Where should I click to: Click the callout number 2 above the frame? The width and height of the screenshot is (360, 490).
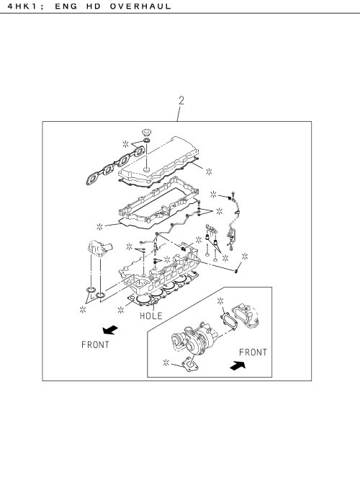[x=181, y=100]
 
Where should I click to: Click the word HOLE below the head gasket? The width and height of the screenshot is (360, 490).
[x=151, y=316]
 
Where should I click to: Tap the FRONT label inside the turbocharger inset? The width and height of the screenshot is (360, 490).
[x=253, y=352]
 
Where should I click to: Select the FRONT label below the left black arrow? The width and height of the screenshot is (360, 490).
[x=95, y=344]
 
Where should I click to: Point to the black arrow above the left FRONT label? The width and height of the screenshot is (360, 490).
[x=110, y=330]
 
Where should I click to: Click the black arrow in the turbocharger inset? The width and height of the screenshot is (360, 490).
[x=238, y=365]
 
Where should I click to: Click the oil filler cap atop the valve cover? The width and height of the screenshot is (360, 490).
[x=146, y=132]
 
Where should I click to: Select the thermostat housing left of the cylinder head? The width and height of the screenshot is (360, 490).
[x=99, y=248]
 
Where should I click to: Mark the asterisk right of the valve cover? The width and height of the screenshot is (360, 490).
[x=209, y=171]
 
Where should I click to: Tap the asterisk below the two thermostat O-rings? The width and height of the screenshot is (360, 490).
[x=83, y=310]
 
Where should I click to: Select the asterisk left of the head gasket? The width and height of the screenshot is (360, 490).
[x=121, y=310]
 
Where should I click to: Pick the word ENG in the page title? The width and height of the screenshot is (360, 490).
[x=66, y=6]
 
